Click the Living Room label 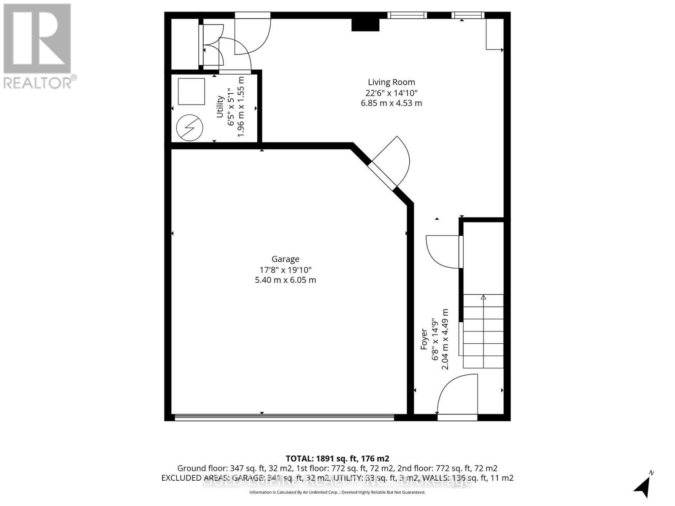391,82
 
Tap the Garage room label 285,259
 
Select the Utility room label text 220,107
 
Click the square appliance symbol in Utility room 191,91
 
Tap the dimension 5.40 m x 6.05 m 285,280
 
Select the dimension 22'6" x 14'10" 391,93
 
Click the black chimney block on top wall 365,25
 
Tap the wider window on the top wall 407,16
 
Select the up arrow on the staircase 483,298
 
